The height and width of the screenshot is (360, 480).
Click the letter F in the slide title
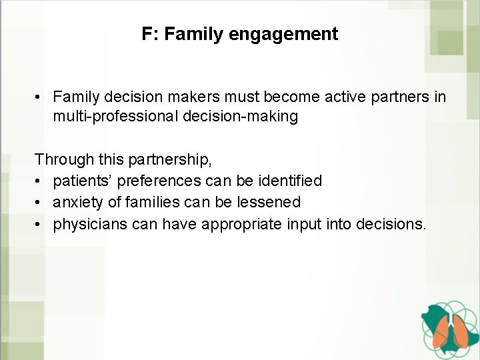pos(146,34)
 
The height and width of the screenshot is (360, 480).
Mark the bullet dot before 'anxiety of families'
pos(40,202)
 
